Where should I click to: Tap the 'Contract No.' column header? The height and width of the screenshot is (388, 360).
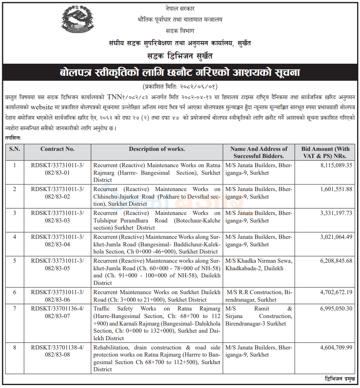click(x=57, y=149)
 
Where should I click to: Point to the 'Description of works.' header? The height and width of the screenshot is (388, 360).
click(x=157, y=149)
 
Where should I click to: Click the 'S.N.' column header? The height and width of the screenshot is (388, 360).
click(x=14, y=149)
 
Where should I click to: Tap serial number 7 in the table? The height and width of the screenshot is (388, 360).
click(x=14, y=308)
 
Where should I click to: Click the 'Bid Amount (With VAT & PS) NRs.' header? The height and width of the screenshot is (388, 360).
click(x=325, y=152)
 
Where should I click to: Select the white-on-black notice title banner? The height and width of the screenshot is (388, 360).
click(x=180, y=73)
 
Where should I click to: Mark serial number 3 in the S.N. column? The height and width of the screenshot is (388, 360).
click(x=14, y=213)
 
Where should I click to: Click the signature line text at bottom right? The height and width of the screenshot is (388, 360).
click(x=339, y=379)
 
